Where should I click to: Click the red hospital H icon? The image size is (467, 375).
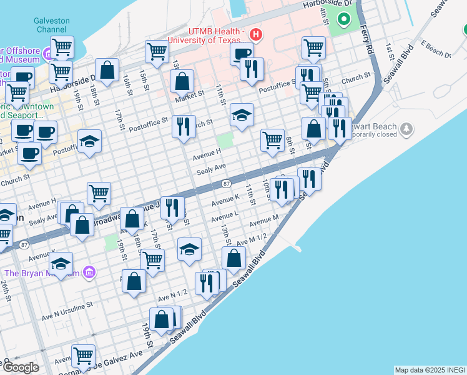point(255,33)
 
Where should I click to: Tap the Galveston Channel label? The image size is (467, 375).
point(52,25)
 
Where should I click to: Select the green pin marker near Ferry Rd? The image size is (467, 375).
point(343,19)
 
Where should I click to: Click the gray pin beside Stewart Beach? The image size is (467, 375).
point(406,128)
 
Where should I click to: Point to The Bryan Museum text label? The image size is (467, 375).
point(42,272)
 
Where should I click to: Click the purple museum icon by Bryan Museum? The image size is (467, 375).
point(89,272)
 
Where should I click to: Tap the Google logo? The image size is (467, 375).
point(21,367)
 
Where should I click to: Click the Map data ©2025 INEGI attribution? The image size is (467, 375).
point(430,370)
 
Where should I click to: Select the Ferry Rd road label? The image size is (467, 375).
point(369,39)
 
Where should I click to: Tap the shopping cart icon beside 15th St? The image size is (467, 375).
point(157,52)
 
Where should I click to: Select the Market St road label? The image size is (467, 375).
point(190,94)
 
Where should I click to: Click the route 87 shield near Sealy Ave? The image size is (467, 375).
point(227,184)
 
